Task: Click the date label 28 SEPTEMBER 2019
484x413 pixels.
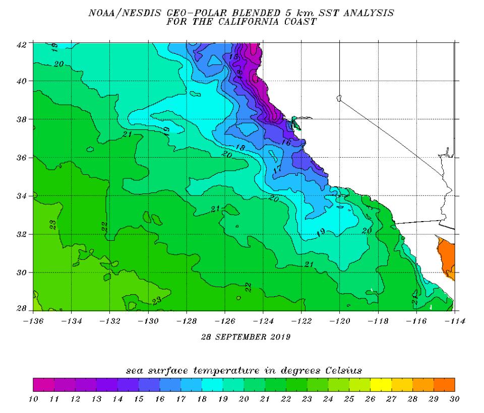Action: point(244,336)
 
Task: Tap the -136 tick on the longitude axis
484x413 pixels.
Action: point(33,320)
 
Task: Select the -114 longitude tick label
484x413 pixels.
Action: point(454,320)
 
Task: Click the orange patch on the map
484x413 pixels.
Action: point(447,257)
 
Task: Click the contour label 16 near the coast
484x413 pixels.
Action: point(286,143)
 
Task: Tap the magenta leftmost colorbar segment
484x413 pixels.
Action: point(43,385)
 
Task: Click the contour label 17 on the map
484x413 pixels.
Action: point(277,170)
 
